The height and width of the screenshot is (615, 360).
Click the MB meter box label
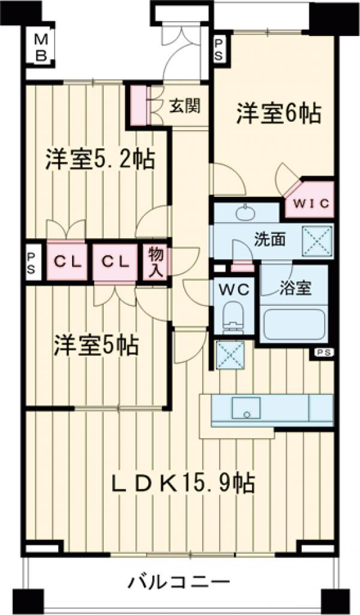pos(41,48)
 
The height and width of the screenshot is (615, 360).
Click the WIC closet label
pos(311,203)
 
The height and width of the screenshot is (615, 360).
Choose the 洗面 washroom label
pos(269,239)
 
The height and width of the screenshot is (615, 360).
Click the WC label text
pos(235,289)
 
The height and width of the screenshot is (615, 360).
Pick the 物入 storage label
pos(155,262)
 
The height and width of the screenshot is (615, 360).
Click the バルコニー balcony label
pos(179,581)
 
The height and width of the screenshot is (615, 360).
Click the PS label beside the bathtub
pos(323,352)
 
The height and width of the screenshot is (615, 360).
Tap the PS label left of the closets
pos(31,263)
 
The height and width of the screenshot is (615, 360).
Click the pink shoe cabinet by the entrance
pos(139,106)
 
